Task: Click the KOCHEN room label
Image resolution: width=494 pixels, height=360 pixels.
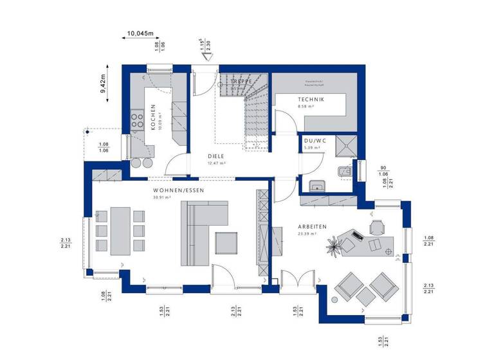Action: tap(153, 118)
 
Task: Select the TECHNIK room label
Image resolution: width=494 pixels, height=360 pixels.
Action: tap(311, 99)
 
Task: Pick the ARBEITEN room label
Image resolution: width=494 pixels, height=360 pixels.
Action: tap(312, 226)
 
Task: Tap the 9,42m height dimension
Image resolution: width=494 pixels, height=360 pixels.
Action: tap(103, 84)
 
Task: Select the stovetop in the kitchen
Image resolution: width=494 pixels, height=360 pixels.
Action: tap(137, 120)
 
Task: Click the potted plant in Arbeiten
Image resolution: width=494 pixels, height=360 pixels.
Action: tap(334, 244)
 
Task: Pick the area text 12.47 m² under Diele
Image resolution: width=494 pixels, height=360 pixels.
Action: tap(217, 163)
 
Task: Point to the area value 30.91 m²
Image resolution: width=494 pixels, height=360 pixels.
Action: tap(160, 198)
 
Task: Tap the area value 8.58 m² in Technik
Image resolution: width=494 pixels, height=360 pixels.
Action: tap(306, 107)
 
